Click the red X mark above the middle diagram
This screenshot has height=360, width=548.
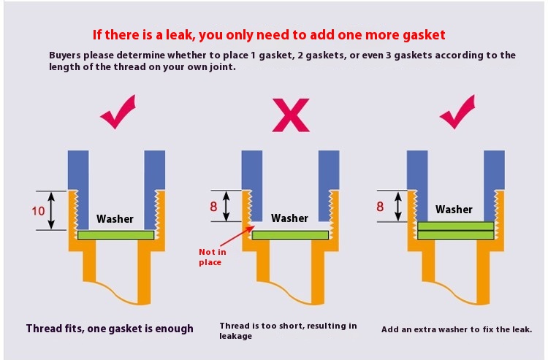(x=291, y=115)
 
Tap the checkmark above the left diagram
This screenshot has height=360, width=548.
(x=118, y=113)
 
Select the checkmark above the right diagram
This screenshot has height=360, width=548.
(x=458, y=112)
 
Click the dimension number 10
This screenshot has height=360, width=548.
(x=38, y=211)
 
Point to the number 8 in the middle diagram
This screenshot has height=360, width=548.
(x=213, y=207)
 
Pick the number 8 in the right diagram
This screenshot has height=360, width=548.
(x=380, y=207)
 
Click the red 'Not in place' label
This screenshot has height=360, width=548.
(x=212, y=257)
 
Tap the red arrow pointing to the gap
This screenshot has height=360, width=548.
(x=237, y=236)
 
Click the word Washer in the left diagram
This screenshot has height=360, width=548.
(x=115, y=219)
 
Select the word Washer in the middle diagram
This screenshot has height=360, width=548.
(x=290, y=218)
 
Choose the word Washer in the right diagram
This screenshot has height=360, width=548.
(x=454, y=210)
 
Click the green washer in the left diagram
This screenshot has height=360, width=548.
(x=115, y=235)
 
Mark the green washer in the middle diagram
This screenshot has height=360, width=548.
(x=290, y=235)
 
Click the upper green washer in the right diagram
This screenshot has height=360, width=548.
(x=456, y=226)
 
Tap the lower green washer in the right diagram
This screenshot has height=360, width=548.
(x=456, y=235)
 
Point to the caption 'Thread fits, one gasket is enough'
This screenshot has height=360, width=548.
(x=110, y=329)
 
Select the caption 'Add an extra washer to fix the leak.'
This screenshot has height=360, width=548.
(x=457, y=329)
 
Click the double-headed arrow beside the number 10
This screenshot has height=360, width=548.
(x=51, y=210)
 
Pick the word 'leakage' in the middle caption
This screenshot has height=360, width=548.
(x=236, y=336)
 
